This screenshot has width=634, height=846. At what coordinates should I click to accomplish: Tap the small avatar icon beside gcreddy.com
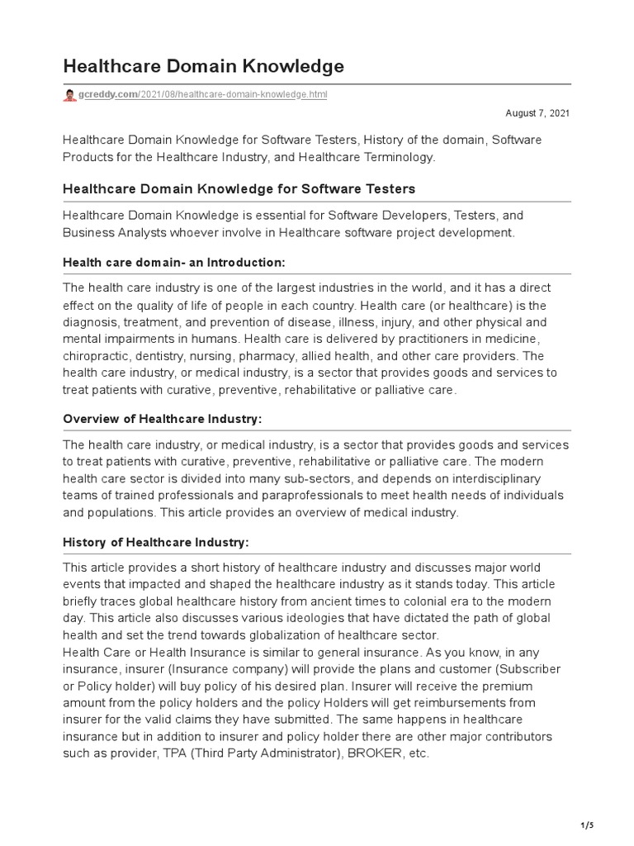(x=69, y=95)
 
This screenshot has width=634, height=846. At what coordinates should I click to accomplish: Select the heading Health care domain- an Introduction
(x=174, y=262)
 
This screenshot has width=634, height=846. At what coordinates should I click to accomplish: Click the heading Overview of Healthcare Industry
(x=163, y=419)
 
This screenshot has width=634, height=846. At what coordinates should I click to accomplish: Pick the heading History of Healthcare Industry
(x=156, y=542)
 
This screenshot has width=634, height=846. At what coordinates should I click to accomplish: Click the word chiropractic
(x=100, y=356)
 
